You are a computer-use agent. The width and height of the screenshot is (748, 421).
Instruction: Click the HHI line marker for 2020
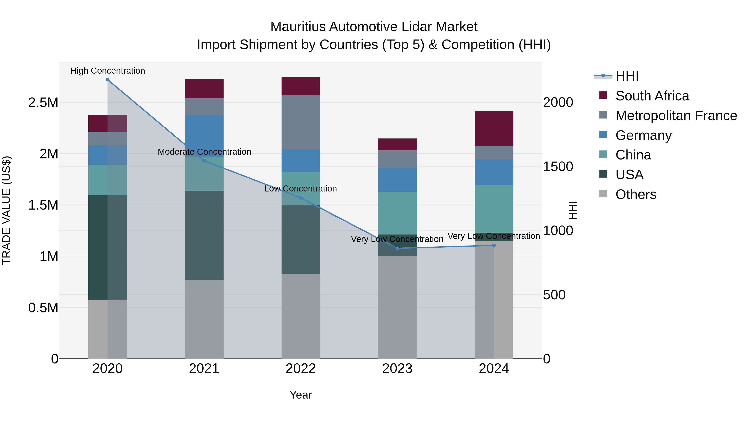pyautogui.click(x=107, y=80)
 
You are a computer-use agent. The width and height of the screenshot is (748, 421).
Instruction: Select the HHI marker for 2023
pyautogui.click(x=397, y=248)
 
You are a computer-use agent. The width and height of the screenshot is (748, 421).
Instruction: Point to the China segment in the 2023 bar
pyautogui.click(x=397, y=213)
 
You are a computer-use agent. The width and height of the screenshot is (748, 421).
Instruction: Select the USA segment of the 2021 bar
pyautogui.click(x=204, y=235)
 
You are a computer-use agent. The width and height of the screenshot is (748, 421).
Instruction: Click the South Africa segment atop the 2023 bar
pyautogui.click(x=397, y=144)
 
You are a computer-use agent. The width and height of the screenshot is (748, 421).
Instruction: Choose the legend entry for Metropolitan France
pyautogui.click(x=676, y=116)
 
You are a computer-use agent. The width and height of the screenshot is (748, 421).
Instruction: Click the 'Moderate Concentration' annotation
pyautogui.click(x=204, y=152)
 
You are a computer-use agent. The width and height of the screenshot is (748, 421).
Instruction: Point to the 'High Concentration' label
pyautogui.click(x=107, y=71)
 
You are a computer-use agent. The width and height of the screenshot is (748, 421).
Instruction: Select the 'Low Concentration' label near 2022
pyautogui.click(x=300, y=189)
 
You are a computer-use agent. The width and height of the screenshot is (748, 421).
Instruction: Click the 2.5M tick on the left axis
pyautogui.click(x=43, y=102)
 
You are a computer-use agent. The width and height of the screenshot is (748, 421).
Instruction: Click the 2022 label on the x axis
pyautogui.click(x=300, y=369)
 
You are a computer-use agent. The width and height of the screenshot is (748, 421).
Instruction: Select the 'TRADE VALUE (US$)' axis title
pyautogui.click(x=6, y=210)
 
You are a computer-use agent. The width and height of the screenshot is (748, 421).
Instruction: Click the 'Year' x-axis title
pyautogui.click(x=300, y=395)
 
